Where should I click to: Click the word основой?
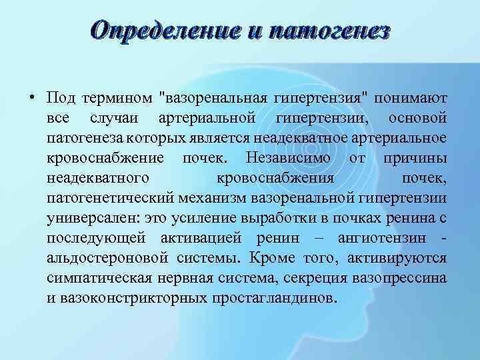point(417,119)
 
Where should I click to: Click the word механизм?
point(213,198)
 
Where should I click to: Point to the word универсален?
point(87,218)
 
